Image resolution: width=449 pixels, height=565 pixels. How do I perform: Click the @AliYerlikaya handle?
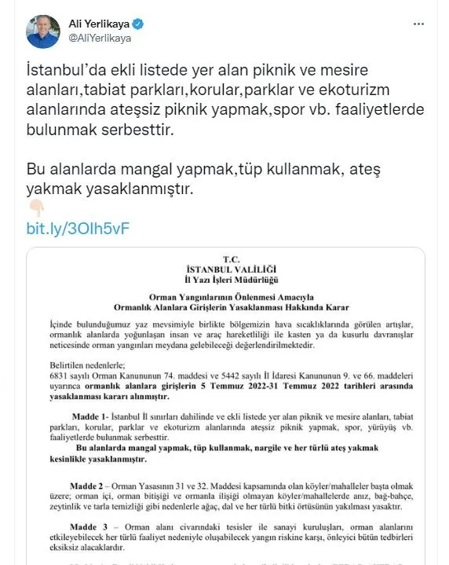pos(100,37)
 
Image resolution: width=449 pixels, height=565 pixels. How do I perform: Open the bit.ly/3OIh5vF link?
pos(77,229)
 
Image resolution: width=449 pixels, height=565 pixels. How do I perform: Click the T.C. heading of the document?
pos(230,259)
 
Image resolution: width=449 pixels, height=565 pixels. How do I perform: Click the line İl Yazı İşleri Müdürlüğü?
pos(230,278)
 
